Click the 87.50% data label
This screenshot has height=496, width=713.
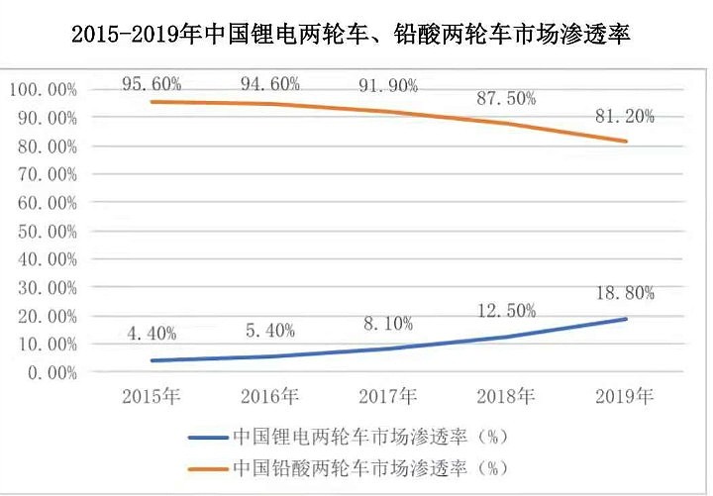coord(506,98)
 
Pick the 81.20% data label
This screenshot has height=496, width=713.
coord(625,116)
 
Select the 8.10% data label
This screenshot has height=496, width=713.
coord(387,323)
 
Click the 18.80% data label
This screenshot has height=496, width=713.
coord(625,293)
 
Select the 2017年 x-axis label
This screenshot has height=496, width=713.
coord(387,397)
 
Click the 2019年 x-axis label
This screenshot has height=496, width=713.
coord(625,397)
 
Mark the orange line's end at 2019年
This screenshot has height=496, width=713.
coord(625,142)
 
